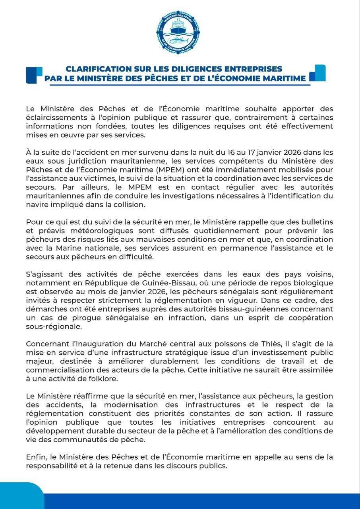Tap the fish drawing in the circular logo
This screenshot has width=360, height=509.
[180, 40]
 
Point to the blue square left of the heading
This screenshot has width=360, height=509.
[34, 75]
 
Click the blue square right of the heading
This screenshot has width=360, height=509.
[317, 73]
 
